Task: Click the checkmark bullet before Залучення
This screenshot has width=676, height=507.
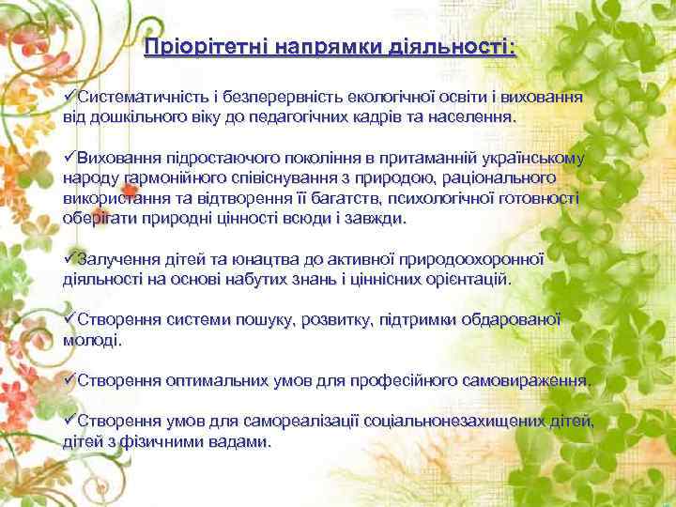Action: [69, 258]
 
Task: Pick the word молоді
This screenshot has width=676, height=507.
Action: [92, 340]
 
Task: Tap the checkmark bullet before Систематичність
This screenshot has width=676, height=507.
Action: [69, 98]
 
